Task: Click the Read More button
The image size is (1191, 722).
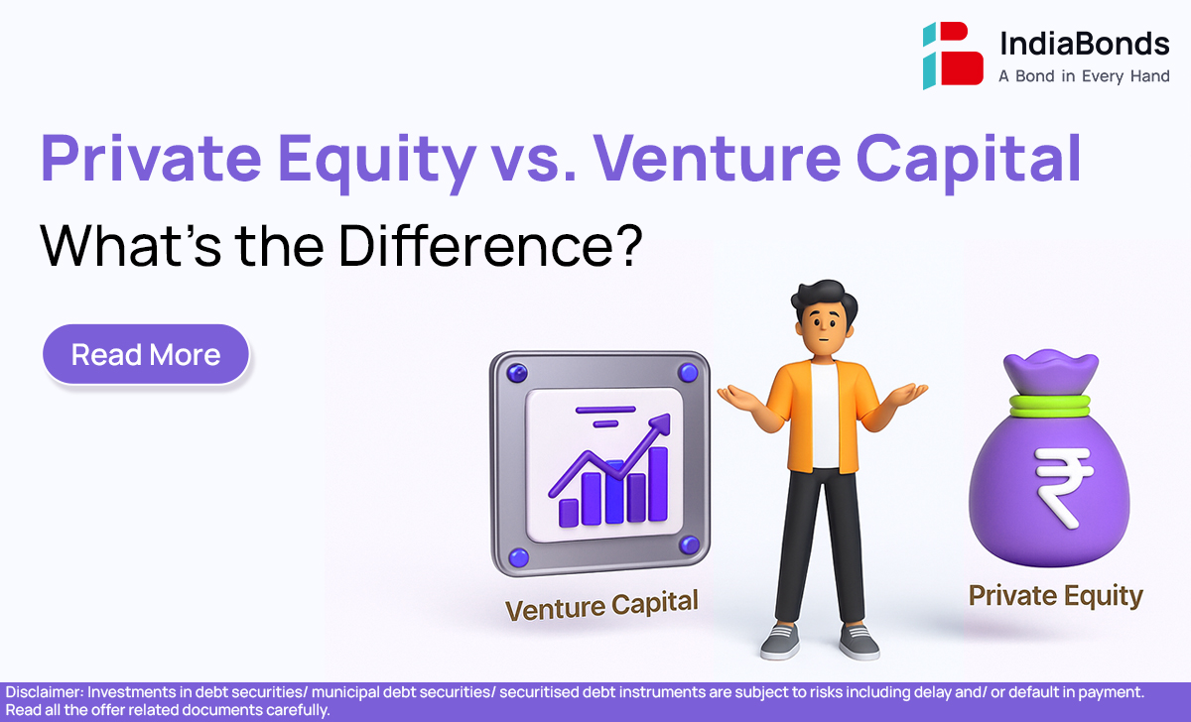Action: (146, 354)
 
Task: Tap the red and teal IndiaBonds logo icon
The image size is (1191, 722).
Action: (953, 55)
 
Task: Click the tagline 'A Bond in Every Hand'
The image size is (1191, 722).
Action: (1084, 76)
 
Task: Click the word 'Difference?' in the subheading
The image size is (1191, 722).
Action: (490, 246)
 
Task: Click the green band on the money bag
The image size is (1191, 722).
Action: (1050, 407)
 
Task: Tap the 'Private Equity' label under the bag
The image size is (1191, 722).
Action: (1056, 596)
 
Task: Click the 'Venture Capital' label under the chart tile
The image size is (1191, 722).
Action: (601, 606)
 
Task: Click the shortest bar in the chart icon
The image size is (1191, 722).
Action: (568, 513)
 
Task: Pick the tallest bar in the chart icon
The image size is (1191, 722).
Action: (658, 483)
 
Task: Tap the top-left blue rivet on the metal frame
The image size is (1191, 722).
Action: (517, 373)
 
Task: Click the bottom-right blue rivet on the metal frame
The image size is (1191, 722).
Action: (689, 545)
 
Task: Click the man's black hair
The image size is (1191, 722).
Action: (823, 301)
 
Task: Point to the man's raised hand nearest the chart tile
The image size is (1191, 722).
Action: (735, 398)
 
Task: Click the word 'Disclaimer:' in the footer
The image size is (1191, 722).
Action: (45, 692)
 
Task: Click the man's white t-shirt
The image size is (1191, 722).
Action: (825, 416)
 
